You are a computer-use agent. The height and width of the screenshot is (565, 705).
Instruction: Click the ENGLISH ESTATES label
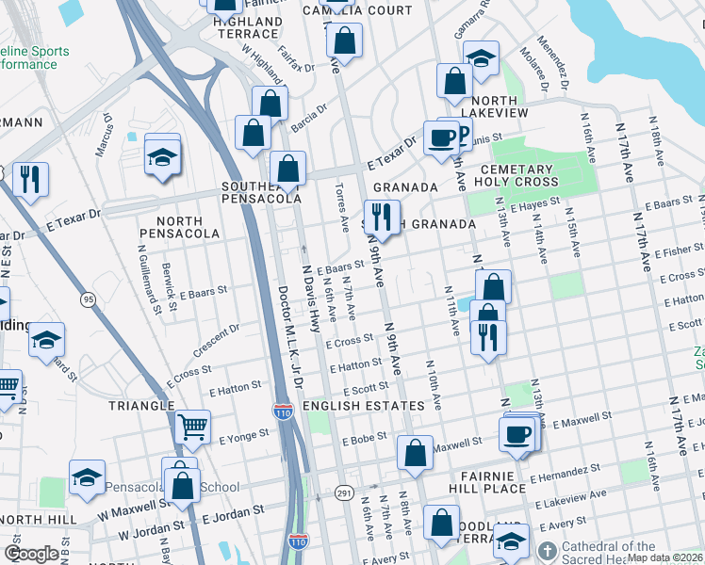(364, 406)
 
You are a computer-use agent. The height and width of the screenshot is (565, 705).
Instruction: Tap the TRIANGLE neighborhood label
(140, 406)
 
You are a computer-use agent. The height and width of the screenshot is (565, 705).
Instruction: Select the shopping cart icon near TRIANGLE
(192, 428)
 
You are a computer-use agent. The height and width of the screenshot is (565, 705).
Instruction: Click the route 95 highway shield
(89, 299)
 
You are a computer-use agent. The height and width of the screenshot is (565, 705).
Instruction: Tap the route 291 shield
(345, 492)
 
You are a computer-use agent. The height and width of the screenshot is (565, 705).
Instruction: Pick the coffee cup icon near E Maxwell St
(516, 435)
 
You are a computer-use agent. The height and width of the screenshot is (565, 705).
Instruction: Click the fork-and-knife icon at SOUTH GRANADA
(381, 217)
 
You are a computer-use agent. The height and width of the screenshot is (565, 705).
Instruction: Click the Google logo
(32, 554)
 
